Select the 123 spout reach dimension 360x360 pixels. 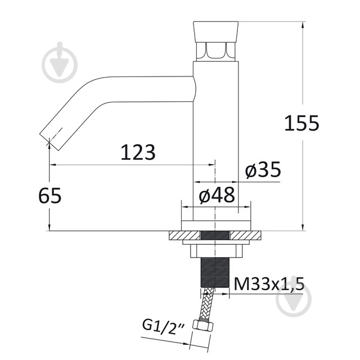(138, 152)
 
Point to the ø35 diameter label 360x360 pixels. (263, 170)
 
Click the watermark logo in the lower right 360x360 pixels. (294, 305)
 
